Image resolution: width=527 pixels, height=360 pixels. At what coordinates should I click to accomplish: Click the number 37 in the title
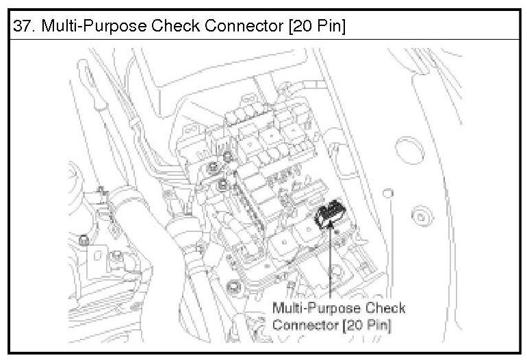(21, 27)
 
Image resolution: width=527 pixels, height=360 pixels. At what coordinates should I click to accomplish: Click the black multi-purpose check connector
(331, 214)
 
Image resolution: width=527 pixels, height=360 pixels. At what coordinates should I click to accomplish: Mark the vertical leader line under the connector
(331, 267)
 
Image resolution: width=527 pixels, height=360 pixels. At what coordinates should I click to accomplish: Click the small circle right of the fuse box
(387, 193)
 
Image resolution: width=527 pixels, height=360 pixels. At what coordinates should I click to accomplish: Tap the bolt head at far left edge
(83, 240)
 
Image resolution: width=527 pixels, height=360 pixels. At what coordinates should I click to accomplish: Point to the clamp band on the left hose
(123, 199)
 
